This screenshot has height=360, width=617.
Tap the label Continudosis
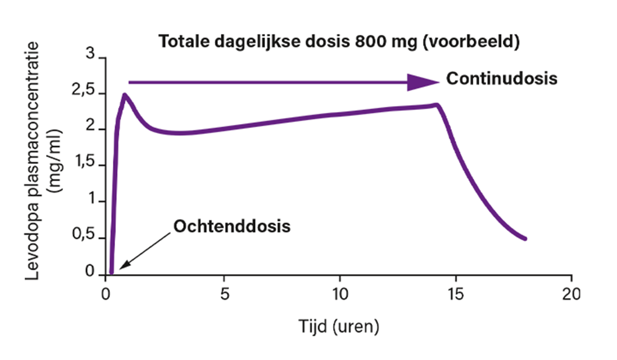(x=501, y=78)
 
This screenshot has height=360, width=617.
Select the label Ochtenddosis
(x=232, y=226)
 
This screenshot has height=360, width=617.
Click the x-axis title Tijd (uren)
(x=339, y=327)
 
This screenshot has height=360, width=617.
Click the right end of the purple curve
(x=525, y=239)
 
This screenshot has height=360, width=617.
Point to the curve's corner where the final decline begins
(x=438, y=104)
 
